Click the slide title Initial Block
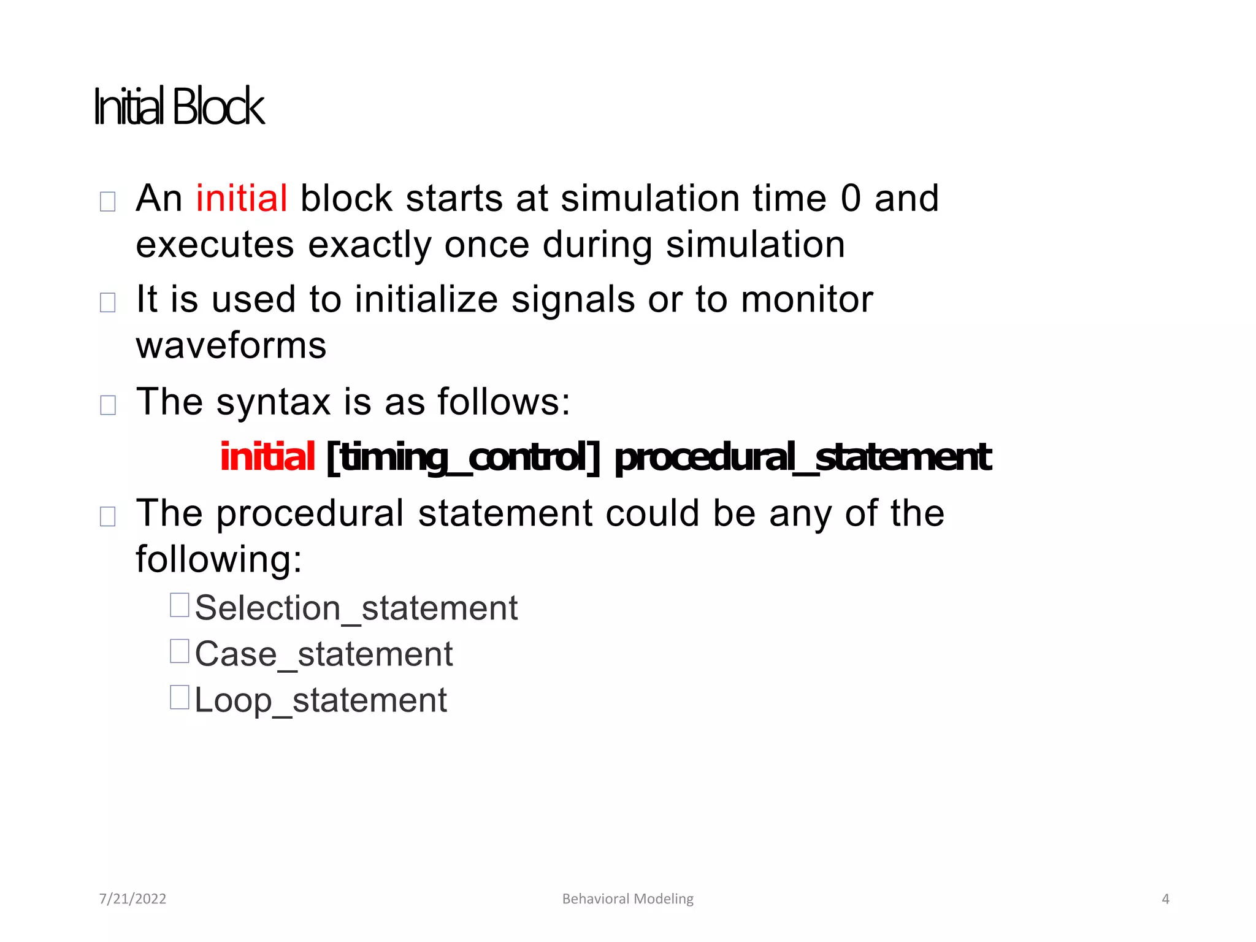tap(179, 107)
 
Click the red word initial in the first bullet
tap(242, 198)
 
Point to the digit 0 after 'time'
tap(851, 198)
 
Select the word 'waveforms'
tap(231, 346)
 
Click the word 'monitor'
tap(806, 299)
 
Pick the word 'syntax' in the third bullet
tap(274, 402)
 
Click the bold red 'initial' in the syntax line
tap(267, 457)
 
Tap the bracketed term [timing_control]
tap(463, 458)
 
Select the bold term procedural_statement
tap(802, 458)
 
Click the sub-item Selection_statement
tap(356, 608)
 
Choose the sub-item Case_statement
tap(323, 654)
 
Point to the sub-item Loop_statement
tap(320, 700)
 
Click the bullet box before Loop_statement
tap(179, 697)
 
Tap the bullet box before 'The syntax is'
tap(108, 405)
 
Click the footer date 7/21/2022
tap(132, 899)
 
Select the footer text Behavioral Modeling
tap(627, 899)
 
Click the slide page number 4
tap(1165, 899)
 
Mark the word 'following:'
tap(219, 559)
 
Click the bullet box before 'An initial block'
tap(108, 201)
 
